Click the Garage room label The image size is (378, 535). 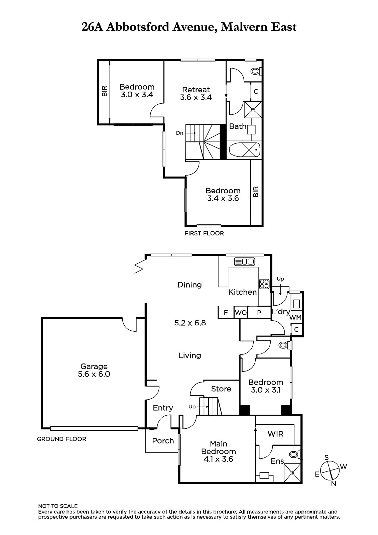pos(94,366)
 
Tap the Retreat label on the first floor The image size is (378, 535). pos(196,90)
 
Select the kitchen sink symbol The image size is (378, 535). pos(245,262)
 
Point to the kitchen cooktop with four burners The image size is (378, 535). pos(264,284)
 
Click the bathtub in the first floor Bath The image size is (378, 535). pos(245,150)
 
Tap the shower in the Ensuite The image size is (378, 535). pos(292,473)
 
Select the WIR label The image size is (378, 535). pos(275,434)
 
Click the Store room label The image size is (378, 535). pos(221,389)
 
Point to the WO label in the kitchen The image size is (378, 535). pos(241,312)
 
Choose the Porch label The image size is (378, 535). pos(163,441)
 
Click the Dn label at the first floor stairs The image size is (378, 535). pos(179,133)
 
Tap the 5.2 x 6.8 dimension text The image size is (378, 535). pos(190,323)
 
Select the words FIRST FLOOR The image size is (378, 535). pos(204,233)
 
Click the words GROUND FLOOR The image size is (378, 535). pos(61,439)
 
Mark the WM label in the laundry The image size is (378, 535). pos(295,317)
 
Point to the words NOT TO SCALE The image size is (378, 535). pos(58,506)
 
